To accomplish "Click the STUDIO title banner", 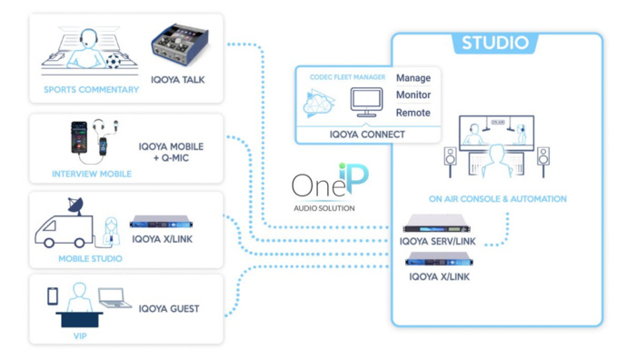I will (494, 43).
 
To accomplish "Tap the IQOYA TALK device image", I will (179, 45).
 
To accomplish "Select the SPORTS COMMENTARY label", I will (92, 90).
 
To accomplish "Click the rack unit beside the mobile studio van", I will (164, 221).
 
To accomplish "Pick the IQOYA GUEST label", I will (169, 309).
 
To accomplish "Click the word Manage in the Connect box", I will (413, 78).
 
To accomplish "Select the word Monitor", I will (413, 95).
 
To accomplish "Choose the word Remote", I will (413, 113).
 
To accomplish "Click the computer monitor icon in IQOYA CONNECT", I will (366, 100).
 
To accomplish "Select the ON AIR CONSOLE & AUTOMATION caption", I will (497, 198).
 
